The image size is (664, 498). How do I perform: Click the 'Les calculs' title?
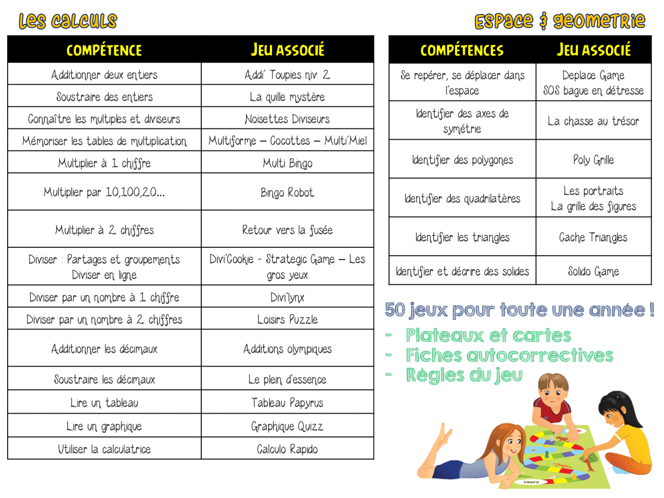(x=68, y=21)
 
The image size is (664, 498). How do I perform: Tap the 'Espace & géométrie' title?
(x=560, y=21)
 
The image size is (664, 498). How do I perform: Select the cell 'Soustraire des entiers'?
(x=104, y=97)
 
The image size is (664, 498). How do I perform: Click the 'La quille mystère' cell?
(x=287, y=97)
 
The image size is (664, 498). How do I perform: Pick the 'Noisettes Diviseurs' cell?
(x=287, y=119)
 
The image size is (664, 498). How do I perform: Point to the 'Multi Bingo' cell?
(x=287, y=163)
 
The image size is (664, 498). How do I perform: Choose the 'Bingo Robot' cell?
(x=287, y=193)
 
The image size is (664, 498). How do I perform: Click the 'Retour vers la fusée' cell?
(x=287, y=230)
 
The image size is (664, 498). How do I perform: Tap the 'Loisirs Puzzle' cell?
(x=287, y=319)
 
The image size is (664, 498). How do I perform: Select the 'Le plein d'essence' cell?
(x=287, y=379)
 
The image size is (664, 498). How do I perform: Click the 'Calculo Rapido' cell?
(x=287, y=449)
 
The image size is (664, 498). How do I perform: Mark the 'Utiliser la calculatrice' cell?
(x=104, y=449)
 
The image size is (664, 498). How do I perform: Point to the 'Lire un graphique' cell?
(x=104, y=426)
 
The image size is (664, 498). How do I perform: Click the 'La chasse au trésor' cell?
(x=593, y=122)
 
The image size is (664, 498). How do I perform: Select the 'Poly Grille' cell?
(x=593, y=160)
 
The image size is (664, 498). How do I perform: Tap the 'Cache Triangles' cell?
(x=593, y=237)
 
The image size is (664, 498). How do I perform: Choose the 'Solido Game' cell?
(x=593, y=271)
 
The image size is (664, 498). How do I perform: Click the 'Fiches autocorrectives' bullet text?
(x=509, y=355)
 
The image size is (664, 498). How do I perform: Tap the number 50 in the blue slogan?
(x=395, y=310)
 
